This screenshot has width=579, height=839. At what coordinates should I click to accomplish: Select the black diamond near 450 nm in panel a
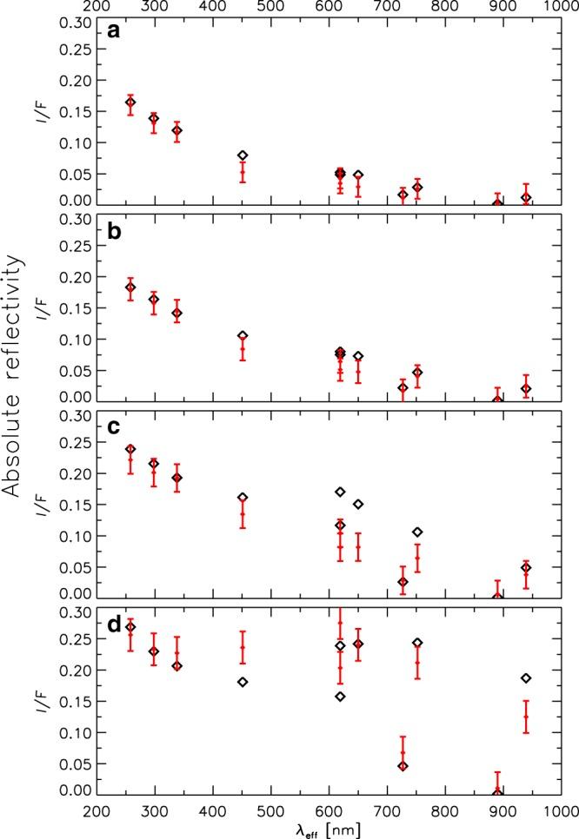click(x=243, y=155)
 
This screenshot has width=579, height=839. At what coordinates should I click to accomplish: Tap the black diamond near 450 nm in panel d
click(x=243, y=682)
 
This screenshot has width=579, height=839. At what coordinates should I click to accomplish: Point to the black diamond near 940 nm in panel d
click(x=526, y=677)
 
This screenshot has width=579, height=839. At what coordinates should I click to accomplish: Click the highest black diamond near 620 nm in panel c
click(x=340, y=492)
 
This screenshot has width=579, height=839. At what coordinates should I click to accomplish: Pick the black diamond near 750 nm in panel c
click(x=417, y=532)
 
